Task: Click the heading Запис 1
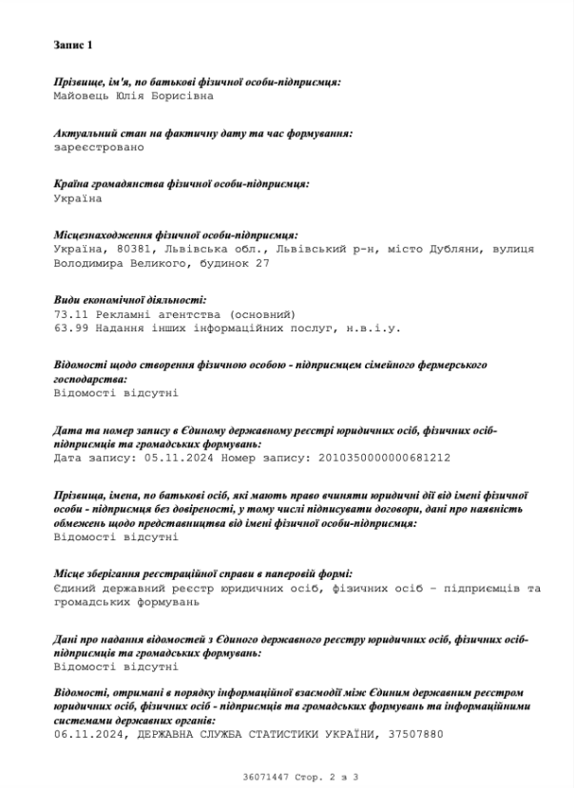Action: coord(73,45)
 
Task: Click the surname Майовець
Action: coord(82,96)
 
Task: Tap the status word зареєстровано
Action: coord(99,147)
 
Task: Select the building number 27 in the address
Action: coord(263,263)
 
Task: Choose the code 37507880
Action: coord(415,734)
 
